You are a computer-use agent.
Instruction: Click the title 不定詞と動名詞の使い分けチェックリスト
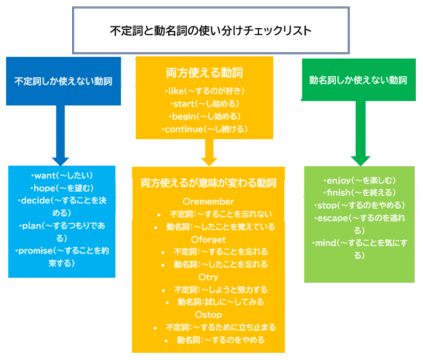tap(210, 30)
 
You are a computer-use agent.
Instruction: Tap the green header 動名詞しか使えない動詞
tap(358, 80)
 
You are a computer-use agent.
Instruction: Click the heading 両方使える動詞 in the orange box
tap(204, 72)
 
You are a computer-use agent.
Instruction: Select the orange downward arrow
tap(209, 152)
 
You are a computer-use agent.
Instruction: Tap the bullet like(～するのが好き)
tap(204, 91)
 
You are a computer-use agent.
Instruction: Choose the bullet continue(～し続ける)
tap(204, 129)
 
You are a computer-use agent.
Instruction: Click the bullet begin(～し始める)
tap(204, 117)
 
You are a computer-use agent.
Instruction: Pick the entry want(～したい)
tap(62, 176)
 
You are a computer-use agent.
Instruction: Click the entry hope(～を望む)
tap(62, 188)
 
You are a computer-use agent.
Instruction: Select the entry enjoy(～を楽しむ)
tap(359, 181)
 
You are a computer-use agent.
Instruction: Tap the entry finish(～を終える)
tap(359, 193)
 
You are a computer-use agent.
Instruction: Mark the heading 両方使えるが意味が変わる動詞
tap(208, 183)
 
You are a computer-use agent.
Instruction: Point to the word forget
tap(208, 239)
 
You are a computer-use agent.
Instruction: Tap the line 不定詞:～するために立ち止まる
tap(216, 327)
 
